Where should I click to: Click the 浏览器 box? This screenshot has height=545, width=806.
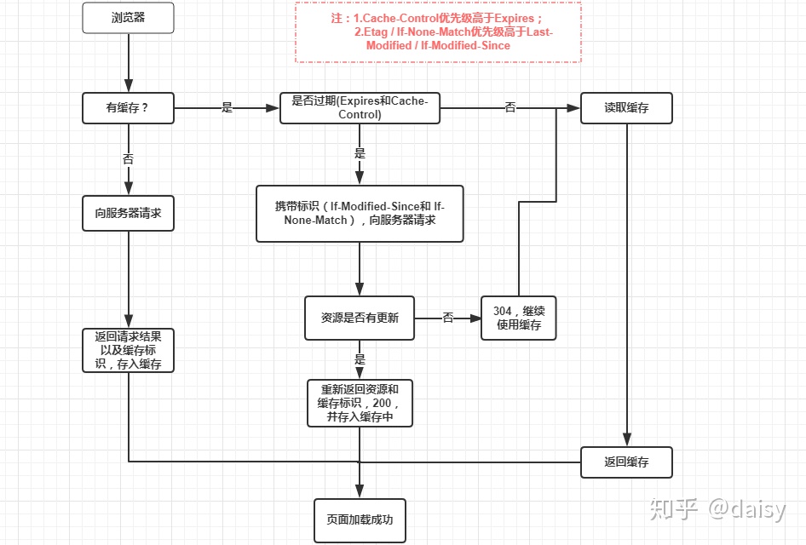[x=128, y=18]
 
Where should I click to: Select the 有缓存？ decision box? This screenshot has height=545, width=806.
[x=128, y=108]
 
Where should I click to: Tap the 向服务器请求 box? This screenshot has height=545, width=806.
[x=128, y=213]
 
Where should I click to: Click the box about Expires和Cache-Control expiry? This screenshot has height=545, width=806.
[x=360, y=108]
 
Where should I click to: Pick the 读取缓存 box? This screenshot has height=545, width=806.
[x=626, y=108]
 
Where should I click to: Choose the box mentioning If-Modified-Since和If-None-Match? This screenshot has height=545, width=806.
[x=360, y=213]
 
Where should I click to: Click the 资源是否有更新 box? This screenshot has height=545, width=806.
[x=360, y=318]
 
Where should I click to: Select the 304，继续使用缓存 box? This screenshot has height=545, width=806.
[x=518, y=318]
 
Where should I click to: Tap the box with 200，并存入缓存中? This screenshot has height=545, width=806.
[x=360, y=403]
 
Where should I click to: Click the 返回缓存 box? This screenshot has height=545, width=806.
[x=626, y=462]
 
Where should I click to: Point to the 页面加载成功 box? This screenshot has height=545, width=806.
[x=360, y=519]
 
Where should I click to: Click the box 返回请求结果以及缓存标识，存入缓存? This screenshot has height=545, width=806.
[x=128, y=350]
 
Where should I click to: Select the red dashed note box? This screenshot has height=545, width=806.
[x=438, y=32]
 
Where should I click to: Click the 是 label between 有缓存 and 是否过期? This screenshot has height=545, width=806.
[x=227, y=108]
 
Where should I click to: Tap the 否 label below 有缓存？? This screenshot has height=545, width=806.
[x=128, y=158]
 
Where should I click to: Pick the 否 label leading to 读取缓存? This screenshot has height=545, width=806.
[x=510, y=108]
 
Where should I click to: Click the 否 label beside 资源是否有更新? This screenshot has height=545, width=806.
[x=448, y=318]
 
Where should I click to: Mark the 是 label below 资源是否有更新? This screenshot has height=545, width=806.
[x=360, y=359]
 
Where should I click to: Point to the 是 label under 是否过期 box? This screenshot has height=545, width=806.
[x=360, y=153]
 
